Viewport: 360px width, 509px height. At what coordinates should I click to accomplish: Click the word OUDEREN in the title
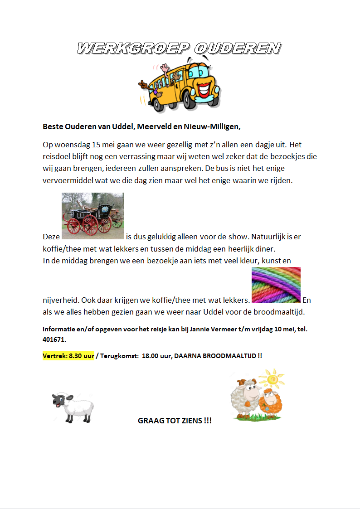pos(237,48)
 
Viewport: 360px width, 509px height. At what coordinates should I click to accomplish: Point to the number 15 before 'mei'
pos(96,145)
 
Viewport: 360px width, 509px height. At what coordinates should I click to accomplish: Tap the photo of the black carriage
pos(92,216)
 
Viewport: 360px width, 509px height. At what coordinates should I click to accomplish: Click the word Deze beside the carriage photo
pos(51,237)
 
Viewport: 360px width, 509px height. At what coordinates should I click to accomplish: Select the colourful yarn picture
pos(276,285)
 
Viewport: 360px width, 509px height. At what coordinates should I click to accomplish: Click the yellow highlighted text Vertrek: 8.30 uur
pos(68,356)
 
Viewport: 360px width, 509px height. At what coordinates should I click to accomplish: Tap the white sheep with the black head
pos(73,407)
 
